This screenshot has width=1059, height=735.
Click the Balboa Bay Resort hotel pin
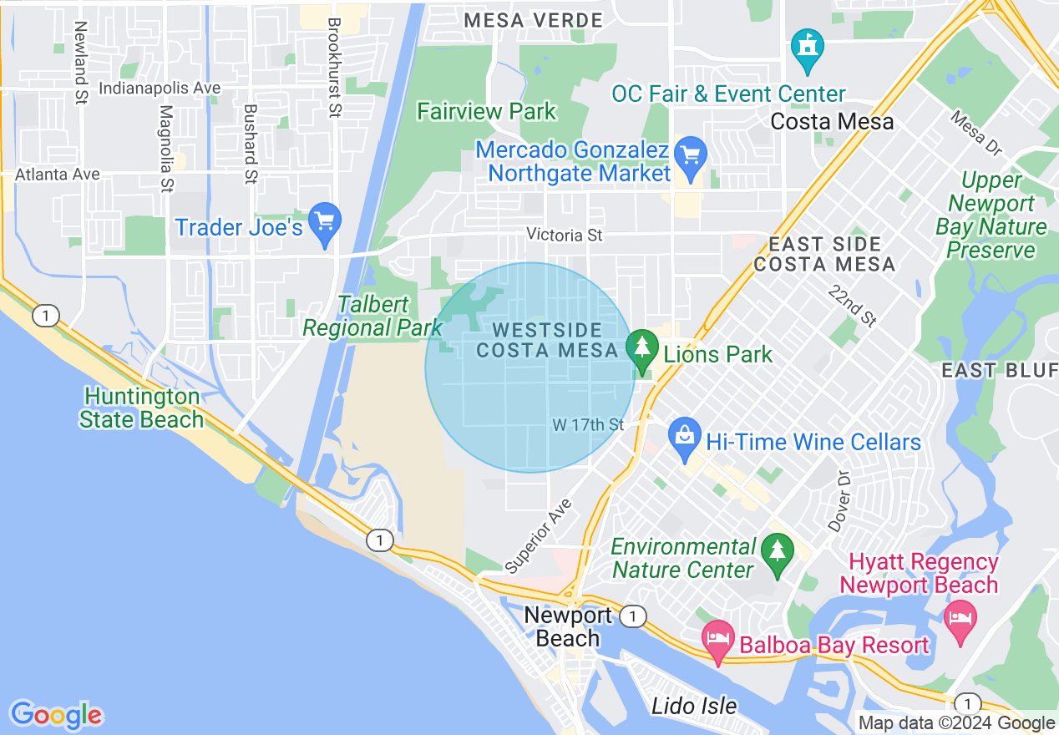tap(717, 641)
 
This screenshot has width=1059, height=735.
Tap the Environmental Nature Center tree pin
tap(778, 554)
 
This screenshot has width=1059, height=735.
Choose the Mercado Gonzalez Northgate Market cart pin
tap(691, 157)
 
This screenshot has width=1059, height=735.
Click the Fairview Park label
tap(486, 111)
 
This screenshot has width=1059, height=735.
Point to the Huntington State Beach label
tap(142, 408)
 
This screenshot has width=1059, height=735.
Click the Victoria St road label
tap(564, 236)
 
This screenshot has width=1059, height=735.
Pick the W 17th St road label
tap(588, 425)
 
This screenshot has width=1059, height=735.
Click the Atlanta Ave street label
tap(58, 175)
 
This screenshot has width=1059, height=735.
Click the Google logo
tap(56, 715)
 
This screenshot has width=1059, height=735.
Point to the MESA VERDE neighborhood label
tap(533, 20)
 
